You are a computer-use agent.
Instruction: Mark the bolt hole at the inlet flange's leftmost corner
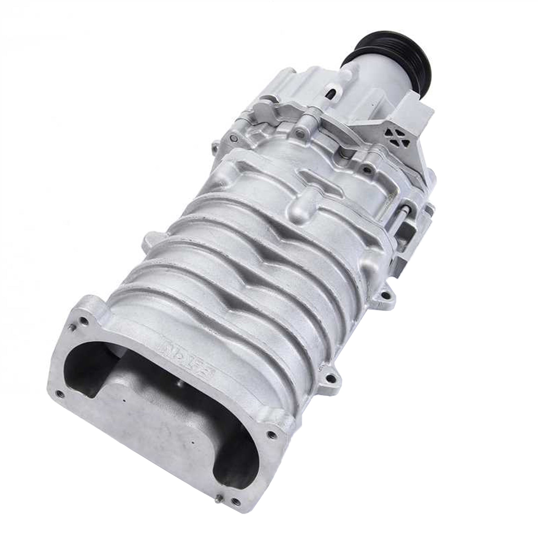[61, 392]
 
